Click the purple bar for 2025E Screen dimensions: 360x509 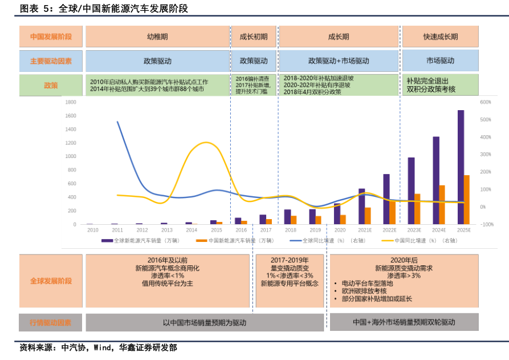461,167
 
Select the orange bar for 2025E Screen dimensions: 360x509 466,200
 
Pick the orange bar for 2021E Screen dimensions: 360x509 368,216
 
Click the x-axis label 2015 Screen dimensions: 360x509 216,229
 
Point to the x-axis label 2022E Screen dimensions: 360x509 389,229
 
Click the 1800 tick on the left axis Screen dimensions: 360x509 71,102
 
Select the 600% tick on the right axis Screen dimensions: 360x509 486,102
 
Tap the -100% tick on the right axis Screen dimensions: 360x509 487,224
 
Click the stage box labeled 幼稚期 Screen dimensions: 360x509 157,37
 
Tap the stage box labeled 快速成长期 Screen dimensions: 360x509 440,37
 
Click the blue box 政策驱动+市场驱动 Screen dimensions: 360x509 339,60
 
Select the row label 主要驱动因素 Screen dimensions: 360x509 51,60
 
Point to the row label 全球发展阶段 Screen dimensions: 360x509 51,281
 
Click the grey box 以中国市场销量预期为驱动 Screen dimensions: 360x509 204,322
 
